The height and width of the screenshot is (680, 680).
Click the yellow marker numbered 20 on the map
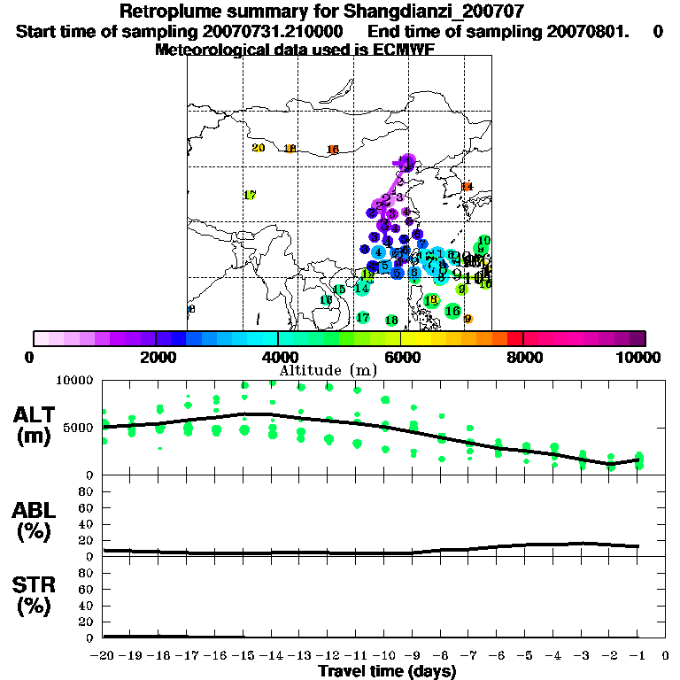[259, 148]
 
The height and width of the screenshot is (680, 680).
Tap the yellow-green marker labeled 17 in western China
[250, 195]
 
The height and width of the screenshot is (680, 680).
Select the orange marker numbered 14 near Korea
[467, 186]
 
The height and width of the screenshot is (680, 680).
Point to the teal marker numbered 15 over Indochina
[338, 290]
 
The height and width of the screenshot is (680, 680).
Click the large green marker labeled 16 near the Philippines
[452, 311]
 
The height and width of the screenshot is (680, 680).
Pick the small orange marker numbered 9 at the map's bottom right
[467, 319]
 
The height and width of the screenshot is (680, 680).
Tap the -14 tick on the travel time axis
[271, 655]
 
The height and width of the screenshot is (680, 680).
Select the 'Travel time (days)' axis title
[386, 671]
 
